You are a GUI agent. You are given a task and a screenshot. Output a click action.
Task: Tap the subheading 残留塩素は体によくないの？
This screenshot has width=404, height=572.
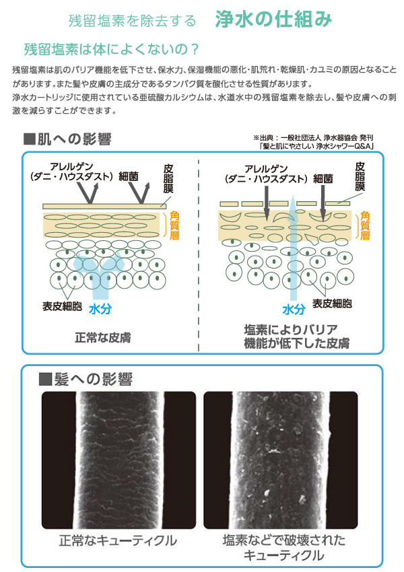pos(111,49)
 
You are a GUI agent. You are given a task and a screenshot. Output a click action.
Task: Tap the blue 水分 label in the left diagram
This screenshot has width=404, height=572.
pos(100,308)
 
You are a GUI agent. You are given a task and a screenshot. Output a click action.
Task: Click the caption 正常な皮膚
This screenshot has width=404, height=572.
pos(100,336)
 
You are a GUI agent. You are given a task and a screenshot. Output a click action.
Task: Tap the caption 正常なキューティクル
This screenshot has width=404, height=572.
pos(118,540)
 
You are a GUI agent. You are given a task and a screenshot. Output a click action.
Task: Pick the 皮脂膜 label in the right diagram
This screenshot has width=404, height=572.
pos(361,176)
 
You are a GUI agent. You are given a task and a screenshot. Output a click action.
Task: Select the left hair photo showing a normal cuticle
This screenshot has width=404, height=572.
pos(119,460)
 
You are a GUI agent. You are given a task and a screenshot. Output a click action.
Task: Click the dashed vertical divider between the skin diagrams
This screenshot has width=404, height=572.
pos(199,256)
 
